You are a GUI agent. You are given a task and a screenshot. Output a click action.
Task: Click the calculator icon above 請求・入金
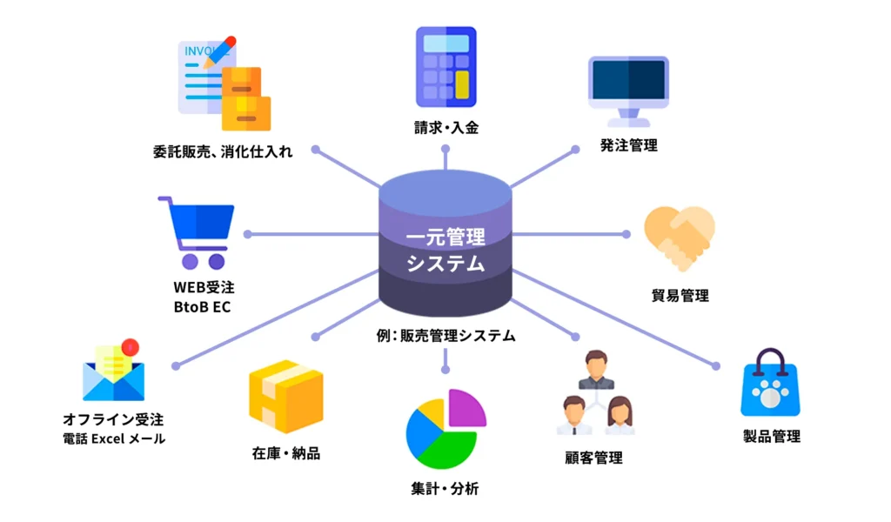445,67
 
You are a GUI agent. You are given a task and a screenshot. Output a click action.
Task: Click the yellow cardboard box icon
285,397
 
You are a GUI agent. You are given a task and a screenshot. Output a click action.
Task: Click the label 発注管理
628,145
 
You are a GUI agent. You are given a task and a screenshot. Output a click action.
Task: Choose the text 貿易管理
680,295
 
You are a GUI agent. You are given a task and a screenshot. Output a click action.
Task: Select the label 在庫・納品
285,453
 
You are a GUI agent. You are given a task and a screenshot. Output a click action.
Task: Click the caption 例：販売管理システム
445,335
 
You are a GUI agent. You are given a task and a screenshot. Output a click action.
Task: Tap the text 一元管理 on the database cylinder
445,236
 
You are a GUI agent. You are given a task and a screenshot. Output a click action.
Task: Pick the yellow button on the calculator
462,84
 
